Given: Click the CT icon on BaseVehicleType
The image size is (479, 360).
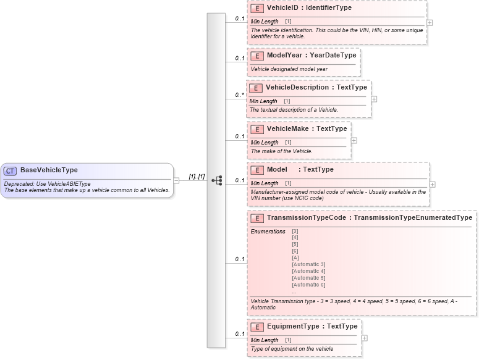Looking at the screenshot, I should click(11, 170).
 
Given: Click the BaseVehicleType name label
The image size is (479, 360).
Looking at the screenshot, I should click(49, 170).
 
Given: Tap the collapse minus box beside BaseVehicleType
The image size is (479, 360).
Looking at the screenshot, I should click(176, 180).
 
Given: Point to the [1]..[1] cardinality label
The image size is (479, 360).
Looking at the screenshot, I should click(197, 176).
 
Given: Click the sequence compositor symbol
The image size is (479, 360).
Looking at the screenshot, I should click(217, 180).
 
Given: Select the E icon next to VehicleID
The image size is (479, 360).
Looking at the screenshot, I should click(256, 9).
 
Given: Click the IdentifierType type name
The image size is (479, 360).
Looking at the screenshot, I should click(326, 9).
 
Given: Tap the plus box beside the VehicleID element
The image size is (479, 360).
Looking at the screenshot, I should click(430, 22).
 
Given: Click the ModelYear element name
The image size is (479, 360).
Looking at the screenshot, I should click(284, 56).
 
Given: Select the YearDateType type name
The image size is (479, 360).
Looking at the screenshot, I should click(333, 56).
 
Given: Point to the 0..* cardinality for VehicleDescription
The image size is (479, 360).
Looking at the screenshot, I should click(239, 96).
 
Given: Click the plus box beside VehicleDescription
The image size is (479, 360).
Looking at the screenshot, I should click(374, 99).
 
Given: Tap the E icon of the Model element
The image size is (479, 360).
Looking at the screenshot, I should click(256, 169).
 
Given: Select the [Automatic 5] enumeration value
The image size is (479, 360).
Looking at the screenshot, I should click(308, 278).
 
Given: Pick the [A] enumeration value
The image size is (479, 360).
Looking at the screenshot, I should click(295, 257).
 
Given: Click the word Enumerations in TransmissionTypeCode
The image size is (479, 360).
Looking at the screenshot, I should click(268, 232).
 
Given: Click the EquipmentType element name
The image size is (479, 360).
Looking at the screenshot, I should click(292, 326).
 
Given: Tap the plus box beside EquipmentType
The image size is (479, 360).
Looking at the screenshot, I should click(365, 338).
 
